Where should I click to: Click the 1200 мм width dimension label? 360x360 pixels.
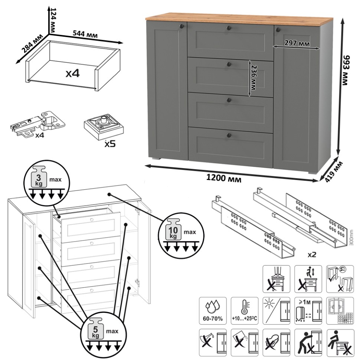pyautogui.click(x=224, y=179)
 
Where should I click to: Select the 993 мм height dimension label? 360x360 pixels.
pyautogui.click(x=347, y=70)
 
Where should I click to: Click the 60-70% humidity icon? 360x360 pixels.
pyautogui.click(x=213, y=310)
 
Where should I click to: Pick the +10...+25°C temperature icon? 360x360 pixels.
pyautogui.click(x=245, y=310)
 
